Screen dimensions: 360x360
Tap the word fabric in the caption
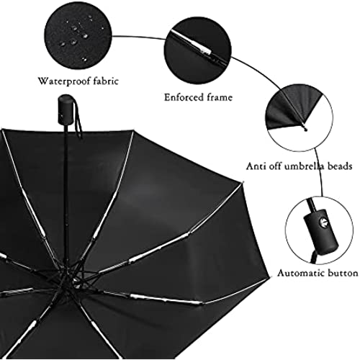pyautogui.click(x=106, y=81)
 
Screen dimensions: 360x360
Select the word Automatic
pyautogui.click(x=300, y=273)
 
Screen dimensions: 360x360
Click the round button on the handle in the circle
pyautogui.click(x=323, y=222)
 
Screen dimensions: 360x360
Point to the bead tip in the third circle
pyautogui.click(x=305, y=129)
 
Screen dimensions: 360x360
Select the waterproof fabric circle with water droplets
pyautogui.click(x=78, y=40)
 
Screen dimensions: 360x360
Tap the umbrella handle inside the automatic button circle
pyautogui.click(x=322, y=230)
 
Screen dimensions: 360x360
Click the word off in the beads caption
pyautogui.click(x=274, y=166)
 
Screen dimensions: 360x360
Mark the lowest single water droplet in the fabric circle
pyautogui.click(x=84, y=58)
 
